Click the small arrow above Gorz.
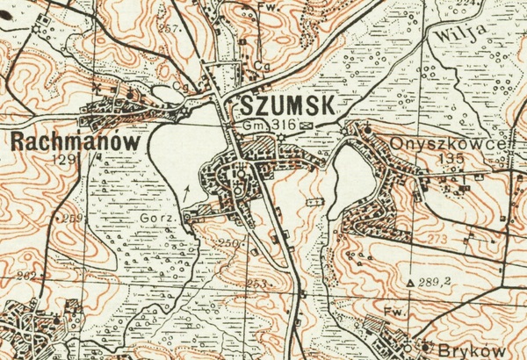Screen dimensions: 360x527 click(187, 187)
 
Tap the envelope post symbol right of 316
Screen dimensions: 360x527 click(306, 126)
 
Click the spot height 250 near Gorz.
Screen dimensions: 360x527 click(229, 243)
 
